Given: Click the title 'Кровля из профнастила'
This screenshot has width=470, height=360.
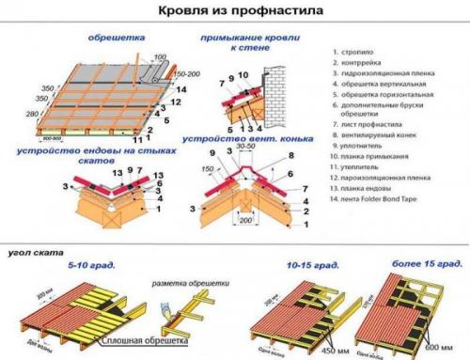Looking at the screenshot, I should click(x=235, y=13).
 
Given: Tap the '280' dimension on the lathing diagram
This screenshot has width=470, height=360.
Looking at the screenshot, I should click(x=32, y=113).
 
